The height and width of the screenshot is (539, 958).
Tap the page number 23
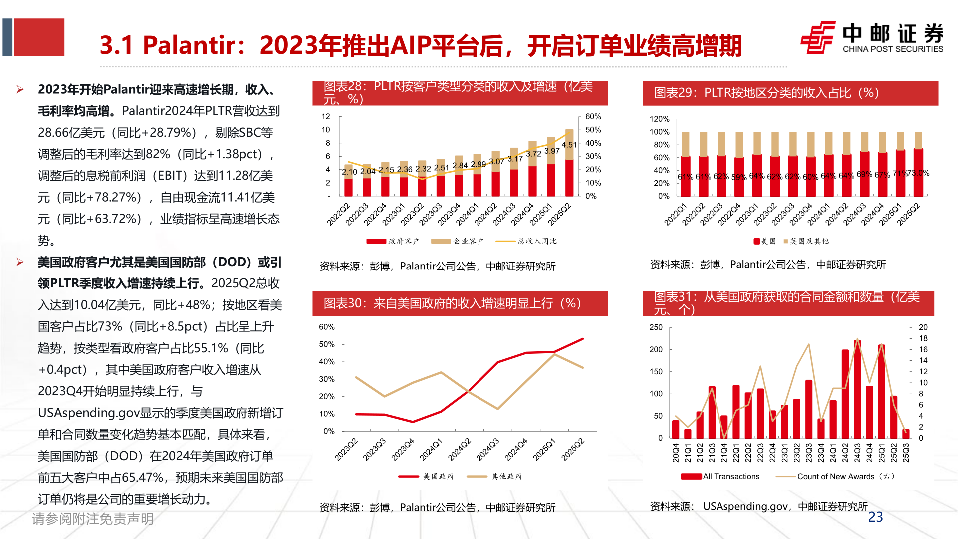[x=875, y=517]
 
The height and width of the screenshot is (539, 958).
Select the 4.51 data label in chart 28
[x=569, y=145]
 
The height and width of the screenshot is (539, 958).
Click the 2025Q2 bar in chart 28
[x=569, y=165]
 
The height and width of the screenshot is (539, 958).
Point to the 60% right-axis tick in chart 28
[x=593, y=116]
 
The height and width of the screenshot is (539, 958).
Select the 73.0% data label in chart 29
[x=919, y=173]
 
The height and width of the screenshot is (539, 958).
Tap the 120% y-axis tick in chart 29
[x=659, y=119]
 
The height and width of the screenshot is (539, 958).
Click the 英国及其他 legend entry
[x=808, y=241]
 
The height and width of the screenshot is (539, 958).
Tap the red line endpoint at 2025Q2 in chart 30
[x=583, y=339]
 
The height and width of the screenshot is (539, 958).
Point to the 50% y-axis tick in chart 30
[x=327, y=344]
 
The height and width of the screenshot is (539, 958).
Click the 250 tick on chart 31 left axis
[x=656, y=327]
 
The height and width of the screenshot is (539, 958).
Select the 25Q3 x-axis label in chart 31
[x=906, y=453]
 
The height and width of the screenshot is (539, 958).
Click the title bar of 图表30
[x=460, y=303]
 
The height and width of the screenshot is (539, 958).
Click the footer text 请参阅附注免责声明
[x=93, y=519]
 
